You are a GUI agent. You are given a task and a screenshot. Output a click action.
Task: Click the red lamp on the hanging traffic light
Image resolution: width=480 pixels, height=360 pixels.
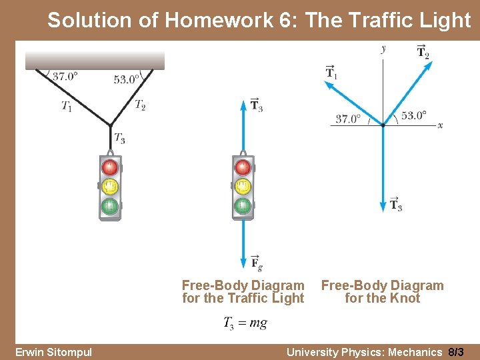110,167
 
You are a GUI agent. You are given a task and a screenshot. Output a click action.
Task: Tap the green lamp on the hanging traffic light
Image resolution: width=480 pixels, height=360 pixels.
110,207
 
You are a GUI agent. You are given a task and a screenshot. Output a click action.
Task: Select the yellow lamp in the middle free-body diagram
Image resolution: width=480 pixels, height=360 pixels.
243,186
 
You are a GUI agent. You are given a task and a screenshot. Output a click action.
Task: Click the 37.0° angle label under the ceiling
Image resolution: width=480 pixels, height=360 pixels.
65,76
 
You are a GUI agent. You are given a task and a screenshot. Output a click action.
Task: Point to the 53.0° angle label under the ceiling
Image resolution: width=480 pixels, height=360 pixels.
127,79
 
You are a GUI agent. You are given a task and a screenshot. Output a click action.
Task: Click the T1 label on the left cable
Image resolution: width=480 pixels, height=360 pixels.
67,105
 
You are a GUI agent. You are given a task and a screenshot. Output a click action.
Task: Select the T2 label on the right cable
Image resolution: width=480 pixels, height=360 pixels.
140,104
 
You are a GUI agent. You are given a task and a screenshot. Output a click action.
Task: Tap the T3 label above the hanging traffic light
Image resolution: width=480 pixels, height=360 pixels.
119,138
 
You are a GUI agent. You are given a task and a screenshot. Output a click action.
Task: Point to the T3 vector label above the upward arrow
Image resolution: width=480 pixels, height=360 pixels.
257,105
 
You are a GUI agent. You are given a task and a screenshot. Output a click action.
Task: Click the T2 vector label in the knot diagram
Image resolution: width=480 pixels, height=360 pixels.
423,51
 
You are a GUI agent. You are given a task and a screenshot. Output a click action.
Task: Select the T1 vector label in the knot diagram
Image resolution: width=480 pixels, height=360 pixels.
331,71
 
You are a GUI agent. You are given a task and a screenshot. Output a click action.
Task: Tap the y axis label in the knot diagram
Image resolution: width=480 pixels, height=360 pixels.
383,48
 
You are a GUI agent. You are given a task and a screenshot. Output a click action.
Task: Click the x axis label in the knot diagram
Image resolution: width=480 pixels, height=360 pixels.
440,125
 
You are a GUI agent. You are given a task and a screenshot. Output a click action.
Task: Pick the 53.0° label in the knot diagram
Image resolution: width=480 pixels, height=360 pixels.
413,115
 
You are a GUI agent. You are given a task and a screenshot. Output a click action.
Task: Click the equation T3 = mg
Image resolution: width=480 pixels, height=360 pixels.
245,323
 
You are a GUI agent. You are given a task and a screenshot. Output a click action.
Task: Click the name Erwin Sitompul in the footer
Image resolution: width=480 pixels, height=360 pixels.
53,351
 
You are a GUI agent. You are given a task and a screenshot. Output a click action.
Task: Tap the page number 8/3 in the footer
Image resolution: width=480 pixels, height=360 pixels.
456,351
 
